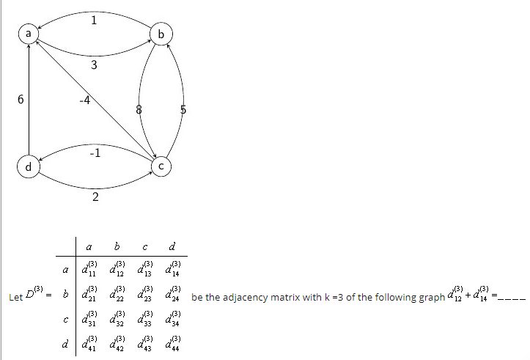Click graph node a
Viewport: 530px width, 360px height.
[x=29, y=34]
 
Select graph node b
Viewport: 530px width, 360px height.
[x=161, y=34]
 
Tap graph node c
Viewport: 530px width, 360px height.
[x=161, y=167]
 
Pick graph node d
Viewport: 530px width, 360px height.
[x=29, y=167]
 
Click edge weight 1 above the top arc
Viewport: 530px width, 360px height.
[x=95, y=21]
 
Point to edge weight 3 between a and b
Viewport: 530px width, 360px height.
[x=95, y=66]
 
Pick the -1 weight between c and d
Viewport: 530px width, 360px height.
[x=95, y=153]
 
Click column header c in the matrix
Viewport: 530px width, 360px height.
[x=146, y=246]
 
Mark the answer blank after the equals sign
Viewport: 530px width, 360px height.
[x=512, y=297]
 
